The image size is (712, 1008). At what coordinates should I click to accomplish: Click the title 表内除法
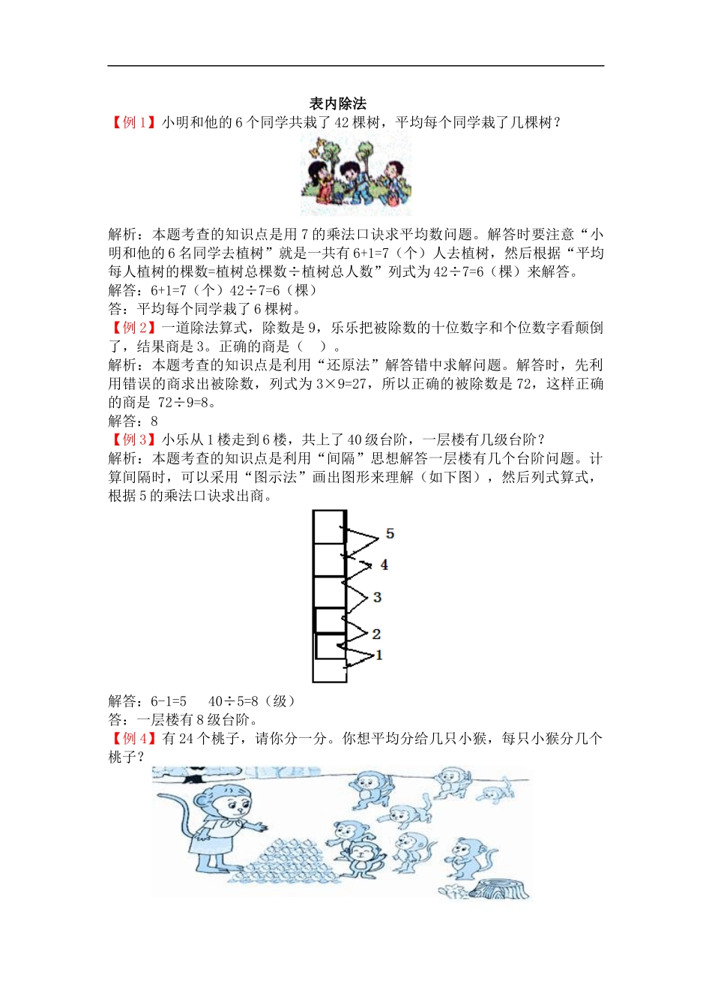point(337,103)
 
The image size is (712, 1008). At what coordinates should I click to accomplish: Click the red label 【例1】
point(134,122)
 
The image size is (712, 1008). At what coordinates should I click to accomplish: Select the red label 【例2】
point(134,328)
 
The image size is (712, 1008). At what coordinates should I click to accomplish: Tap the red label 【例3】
point(134,439)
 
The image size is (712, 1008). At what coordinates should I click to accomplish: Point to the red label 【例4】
point(134,739)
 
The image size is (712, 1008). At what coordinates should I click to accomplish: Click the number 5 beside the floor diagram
point(390,534)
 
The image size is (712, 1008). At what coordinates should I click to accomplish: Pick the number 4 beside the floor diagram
point(384,565)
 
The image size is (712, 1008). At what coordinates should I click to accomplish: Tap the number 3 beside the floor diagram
point(377,597)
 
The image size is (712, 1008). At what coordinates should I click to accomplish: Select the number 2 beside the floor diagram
point(376,634)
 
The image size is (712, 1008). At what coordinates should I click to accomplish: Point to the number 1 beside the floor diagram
point(379,655)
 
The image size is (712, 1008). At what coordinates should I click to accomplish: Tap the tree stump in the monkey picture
point(498,889)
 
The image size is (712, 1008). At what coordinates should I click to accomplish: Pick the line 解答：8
point(133,421)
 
